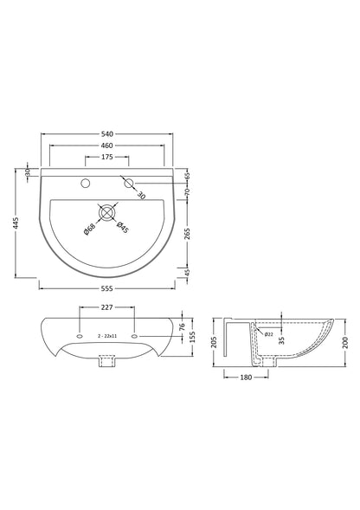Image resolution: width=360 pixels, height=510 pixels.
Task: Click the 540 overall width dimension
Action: [107, 134]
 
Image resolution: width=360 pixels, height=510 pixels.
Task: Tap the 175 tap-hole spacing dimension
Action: [107, 158]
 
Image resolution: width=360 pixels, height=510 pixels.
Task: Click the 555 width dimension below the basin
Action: [107, 284]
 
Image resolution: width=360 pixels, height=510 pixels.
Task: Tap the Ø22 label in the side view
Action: [269, 334]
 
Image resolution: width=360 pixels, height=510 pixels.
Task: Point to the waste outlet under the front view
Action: [107, 365]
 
